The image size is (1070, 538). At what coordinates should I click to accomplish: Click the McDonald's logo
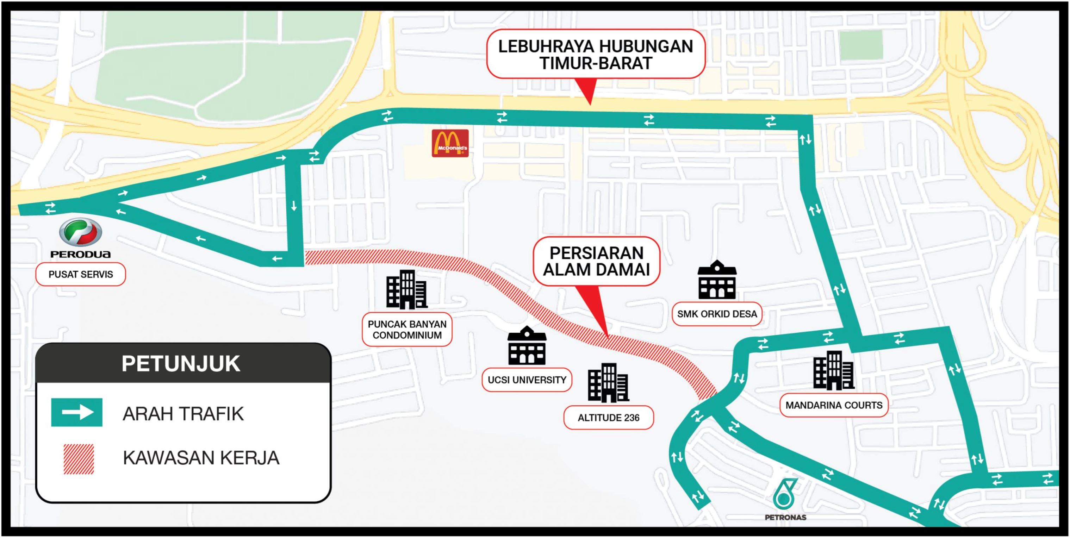pos(450,143)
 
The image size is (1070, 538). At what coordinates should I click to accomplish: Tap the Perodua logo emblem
pos(81,232)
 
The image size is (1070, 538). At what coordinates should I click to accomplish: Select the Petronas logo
pos(785,494)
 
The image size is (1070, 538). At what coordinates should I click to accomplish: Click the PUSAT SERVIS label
pos(81,274)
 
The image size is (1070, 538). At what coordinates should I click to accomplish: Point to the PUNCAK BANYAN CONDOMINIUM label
pos(407,330)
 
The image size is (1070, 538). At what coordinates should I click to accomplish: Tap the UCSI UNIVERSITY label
pos(526,380)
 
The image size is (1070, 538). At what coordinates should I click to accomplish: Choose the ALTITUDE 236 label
pos(608,418)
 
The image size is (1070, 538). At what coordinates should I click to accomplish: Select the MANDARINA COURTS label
pos(834,405)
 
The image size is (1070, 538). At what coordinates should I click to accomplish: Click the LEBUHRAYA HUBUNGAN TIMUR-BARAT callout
pos(595,54)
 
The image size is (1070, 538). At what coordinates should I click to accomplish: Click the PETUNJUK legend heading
pos(181,364)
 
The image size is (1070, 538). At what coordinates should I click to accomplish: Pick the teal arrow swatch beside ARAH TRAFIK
pos(77,412)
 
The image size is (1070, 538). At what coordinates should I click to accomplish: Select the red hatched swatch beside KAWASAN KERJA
pos(79,459)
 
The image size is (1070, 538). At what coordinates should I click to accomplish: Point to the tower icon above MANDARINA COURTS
pos(833,370)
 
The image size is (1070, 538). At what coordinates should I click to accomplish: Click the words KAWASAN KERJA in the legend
pos(201,458)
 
